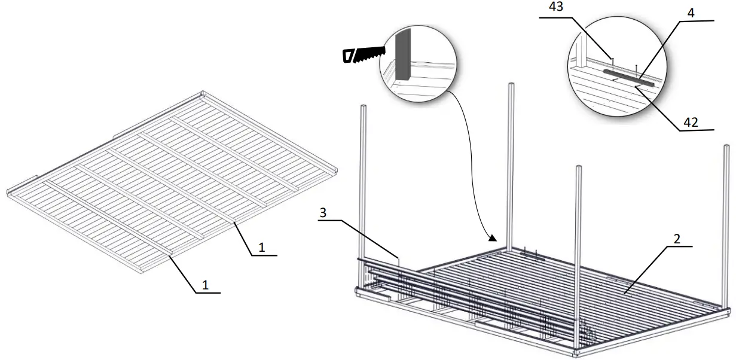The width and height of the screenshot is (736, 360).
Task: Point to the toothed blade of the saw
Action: (x=371, y=55)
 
